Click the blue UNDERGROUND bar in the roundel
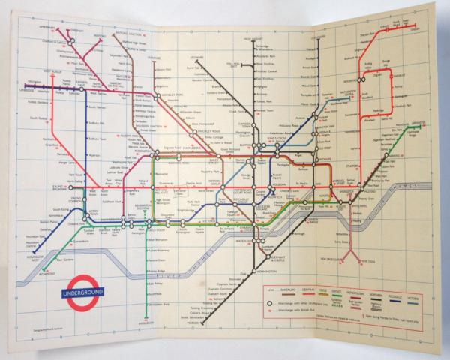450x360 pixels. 83,292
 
